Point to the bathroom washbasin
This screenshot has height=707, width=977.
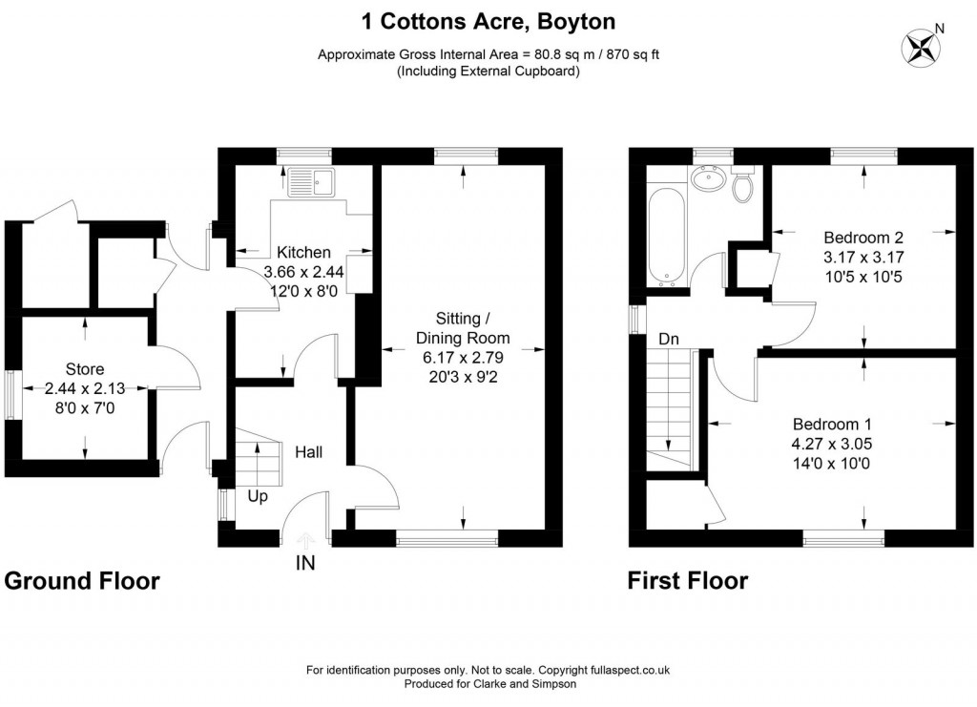coord(708,178)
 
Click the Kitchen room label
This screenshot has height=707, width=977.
coord(303,253)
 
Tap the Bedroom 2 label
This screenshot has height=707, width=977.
coord(863,237)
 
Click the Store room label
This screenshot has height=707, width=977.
coord(85,369)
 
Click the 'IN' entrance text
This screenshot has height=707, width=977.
coord(304,563)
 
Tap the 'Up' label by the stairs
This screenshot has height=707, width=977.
coord(258,496)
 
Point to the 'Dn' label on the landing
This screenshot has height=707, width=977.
coord(668,339)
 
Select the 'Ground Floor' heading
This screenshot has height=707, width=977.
coord(82,581)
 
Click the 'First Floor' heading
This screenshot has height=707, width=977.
coord(687,581)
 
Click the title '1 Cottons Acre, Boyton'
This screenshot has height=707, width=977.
coord(488,20)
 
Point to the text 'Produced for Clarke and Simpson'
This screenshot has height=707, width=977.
coord(488,684)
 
